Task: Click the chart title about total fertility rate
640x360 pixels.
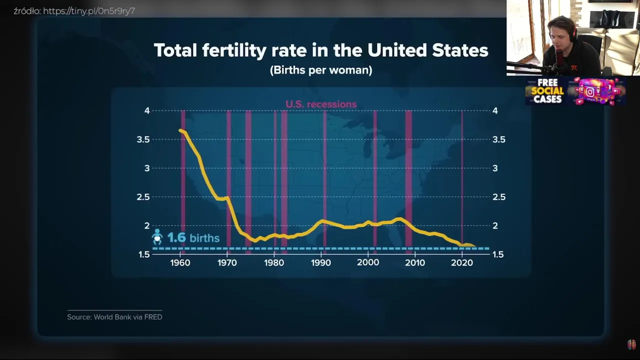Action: [320, 50]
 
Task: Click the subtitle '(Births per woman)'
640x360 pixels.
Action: [320, 70]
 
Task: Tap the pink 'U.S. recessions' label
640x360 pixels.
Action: [321, 104]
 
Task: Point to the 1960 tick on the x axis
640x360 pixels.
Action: [180, 263]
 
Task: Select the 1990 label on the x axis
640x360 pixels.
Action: [321, 263]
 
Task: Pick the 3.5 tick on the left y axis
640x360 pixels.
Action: [143, 139]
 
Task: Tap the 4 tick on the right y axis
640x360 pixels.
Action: [495, 110]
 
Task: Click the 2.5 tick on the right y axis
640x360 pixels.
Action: [498, 197]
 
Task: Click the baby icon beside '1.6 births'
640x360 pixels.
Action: [157, 237]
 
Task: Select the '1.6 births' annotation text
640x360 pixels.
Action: [193, 237]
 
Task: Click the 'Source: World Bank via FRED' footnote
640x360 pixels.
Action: [114, 317]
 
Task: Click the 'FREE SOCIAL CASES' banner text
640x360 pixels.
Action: [547, 91]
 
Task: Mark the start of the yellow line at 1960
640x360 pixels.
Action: [180, 130]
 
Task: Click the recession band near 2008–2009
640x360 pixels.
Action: [408, 178]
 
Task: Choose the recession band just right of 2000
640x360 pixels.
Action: [375, 178]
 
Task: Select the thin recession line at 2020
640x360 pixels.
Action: [461, 178]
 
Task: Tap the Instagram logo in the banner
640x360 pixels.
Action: [590, 92]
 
